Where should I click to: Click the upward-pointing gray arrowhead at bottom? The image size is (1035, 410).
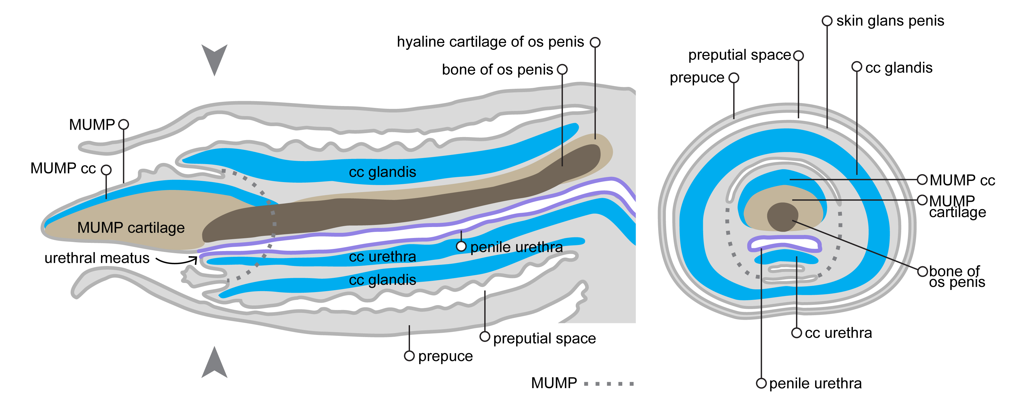tap(214, 364)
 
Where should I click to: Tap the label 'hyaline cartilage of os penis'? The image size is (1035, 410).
tap(490, 42)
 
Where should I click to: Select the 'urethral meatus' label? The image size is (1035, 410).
tap(97, 258)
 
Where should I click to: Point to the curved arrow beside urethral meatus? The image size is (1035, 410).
tap(177, 261)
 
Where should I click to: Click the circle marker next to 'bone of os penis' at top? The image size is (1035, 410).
tap(562, 70)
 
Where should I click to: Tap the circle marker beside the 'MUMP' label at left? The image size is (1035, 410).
tap(124, 125)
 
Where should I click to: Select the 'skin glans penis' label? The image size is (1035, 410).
tap(890, 21)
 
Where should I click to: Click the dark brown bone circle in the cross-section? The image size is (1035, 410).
tap(782, 217)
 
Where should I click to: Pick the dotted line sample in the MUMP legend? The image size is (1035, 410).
tap(608, 384)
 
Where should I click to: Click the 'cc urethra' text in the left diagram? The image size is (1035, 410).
tap(382, 257)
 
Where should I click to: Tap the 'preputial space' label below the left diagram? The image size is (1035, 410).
tap(544, 339)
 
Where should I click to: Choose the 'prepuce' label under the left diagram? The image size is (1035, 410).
tap(445, 356)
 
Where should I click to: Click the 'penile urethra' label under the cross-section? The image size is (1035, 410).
tap(815, 384)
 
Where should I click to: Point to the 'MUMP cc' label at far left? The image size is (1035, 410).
tap(63, 168)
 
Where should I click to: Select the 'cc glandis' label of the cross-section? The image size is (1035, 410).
tap(898, 68)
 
